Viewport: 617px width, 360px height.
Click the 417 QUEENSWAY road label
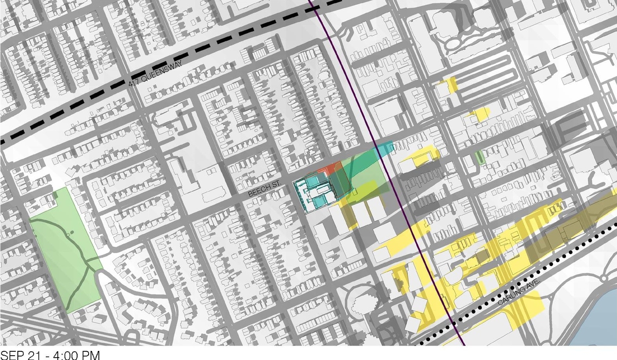point(155,76)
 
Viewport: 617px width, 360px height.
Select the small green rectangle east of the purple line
point(479,157)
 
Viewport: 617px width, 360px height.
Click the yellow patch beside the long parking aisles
point(451,85)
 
